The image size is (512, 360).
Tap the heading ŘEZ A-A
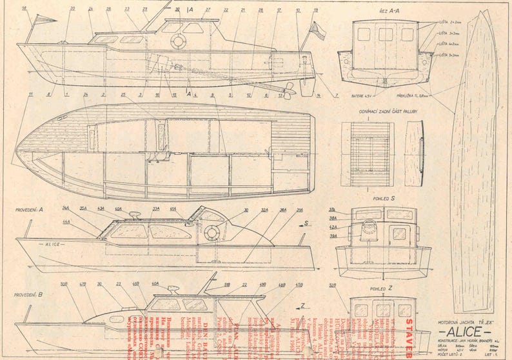pyautogui.click(x=386, y=11)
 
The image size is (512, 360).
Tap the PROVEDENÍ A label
pyautogui.click(x=29, y=210)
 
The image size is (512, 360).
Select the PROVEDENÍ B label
pyautogui.click(x=28, y=294)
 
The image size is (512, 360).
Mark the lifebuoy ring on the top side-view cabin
pyautogui.click(x=179, y=41)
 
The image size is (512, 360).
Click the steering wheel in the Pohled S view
pyautogui.click(x=369, y=228)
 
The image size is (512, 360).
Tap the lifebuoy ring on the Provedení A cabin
pyautogui.click(x=211, y=233)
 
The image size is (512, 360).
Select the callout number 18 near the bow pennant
pyautogui.click(x=24, y=8)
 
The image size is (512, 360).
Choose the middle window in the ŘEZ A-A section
pyautogui.click(x=386, y=34)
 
